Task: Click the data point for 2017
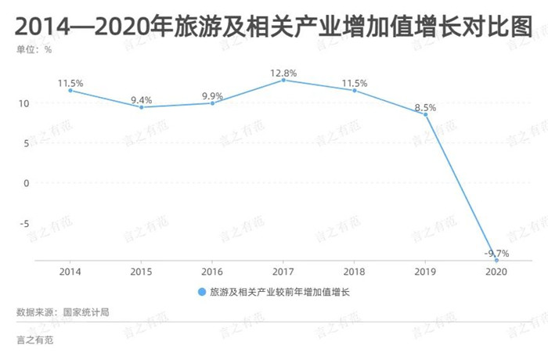283,80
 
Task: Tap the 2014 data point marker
70,91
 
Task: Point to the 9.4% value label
141,99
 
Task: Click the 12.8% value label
283,73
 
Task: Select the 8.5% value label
425,106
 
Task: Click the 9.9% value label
212,95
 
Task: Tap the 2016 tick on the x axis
212,272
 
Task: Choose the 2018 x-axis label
355,272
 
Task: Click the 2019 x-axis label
425,272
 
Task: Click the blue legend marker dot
202,292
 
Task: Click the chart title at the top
273,27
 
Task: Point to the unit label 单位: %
34,49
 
